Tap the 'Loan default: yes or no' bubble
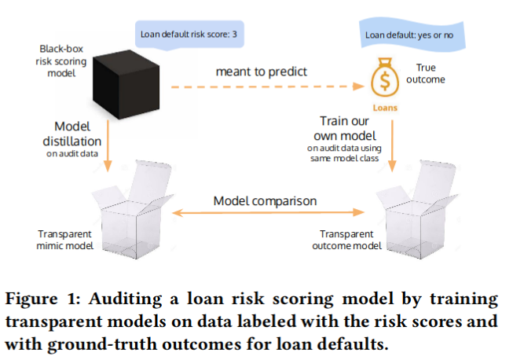pos(414,35)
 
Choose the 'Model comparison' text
pos(265,200)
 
